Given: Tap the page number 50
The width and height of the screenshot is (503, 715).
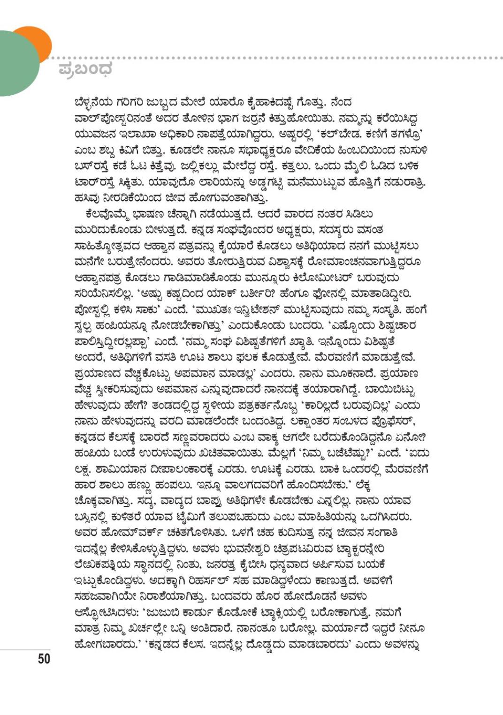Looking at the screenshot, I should (44, 659).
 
